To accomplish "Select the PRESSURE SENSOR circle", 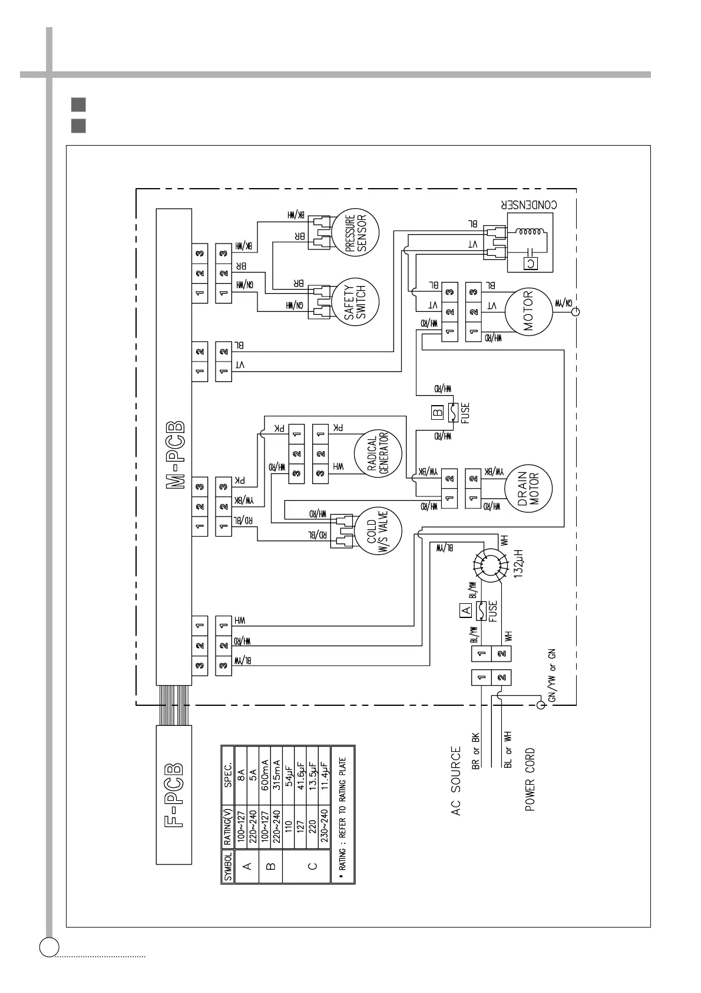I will pos(355,235).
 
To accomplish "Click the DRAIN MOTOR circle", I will pos(528,488).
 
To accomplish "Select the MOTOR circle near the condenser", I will pos(527,311).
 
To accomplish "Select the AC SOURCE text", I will pos(456,782).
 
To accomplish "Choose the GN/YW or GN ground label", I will pos(551,675).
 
